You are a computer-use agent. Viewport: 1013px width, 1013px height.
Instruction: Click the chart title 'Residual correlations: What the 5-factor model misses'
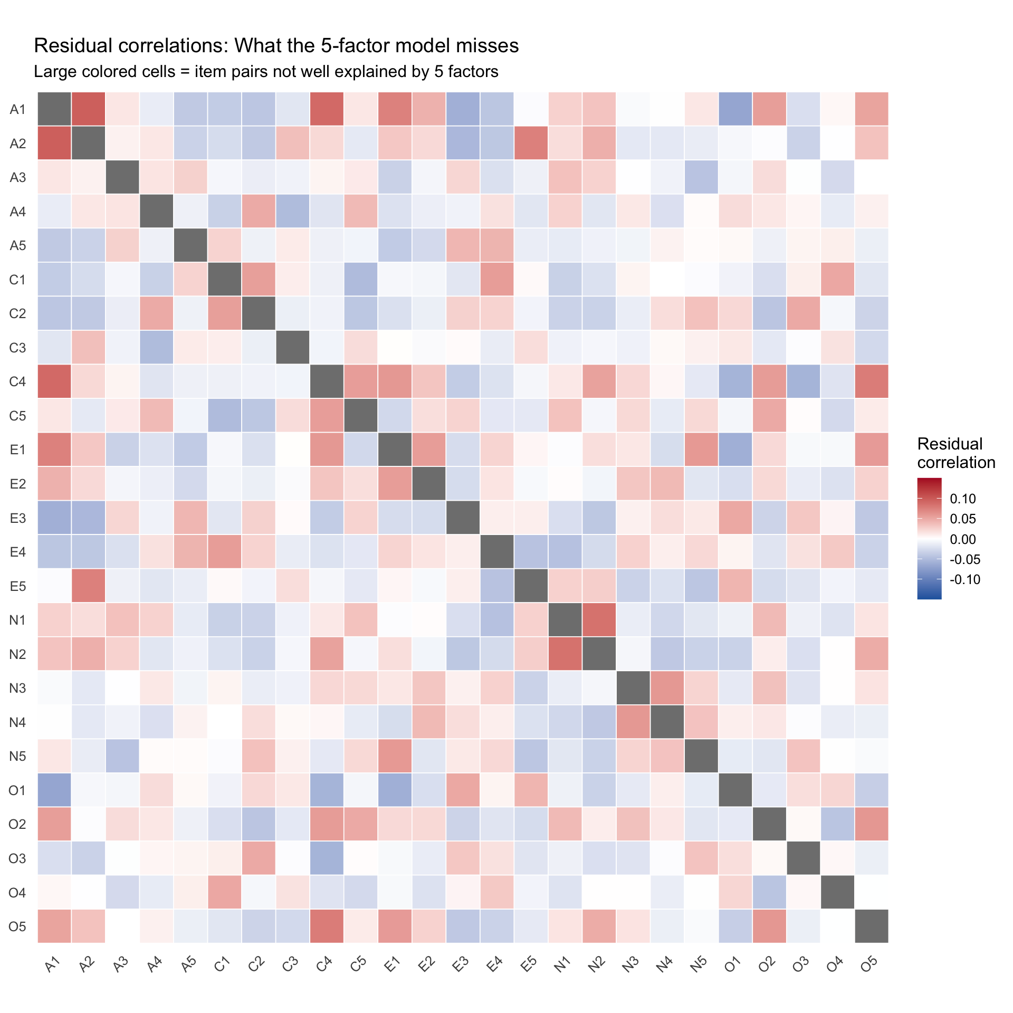[276, 46]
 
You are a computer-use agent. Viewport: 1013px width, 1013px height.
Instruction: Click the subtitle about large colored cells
[266, 72]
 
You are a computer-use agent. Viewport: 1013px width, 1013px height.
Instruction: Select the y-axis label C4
[17, 381]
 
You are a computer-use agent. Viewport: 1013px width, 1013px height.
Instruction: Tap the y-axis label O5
[17, 926]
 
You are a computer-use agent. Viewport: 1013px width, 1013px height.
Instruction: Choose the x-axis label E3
[460, 963]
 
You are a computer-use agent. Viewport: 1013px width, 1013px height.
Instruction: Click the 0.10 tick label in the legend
[962, 499]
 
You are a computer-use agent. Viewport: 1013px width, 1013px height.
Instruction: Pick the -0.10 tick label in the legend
[965, 579]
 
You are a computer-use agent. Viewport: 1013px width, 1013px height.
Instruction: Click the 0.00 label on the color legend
[962, 539]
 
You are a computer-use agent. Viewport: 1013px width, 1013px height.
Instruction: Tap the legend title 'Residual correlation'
[955, 453]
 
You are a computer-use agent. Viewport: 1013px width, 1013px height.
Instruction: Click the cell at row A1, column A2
[88, 109]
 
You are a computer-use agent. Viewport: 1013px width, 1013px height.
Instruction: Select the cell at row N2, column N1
[565, 654]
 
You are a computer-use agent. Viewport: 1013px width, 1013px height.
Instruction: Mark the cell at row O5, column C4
[327, 926]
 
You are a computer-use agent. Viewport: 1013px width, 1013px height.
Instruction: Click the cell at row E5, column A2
[88, 586]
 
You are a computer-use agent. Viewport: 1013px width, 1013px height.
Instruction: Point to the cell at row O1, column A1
[54, 790]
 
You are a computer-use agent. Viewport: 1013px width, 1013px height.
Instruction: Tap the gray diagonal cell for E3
[463, 518]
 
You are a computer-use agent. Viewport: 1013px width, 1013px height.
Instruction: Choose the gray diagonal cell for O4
[837, 893]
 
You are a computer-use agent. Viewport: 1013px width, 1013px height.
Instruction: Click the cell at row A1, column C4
[327, 109]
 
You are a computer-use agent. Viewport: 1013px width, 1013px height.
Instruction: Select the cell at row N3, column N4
[667, 688]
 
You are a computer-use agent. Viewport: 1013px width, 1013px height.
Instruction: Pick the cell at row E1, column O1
[735, 450]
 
